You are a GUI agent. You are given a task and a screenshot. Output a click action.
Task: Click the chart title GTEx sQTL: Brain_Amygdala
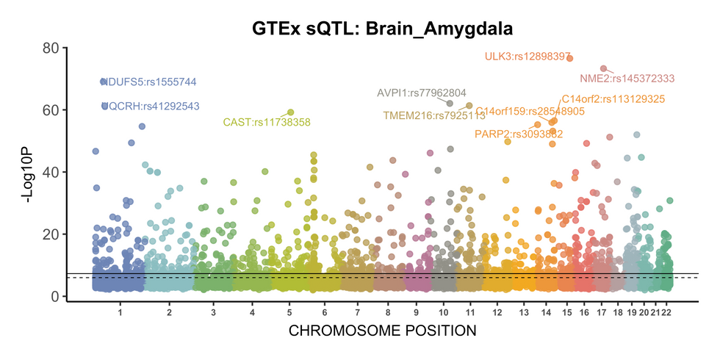pos(382,29)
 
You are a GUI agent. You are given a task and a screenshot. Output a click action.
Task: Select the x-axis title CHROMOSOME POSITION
pos(382,331)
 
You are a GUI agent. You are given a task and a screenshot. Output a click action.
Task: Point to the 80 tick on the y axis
pos(51,48)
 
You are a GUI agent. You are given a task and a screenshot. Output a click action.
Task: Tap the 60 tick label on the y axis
pos(51,110)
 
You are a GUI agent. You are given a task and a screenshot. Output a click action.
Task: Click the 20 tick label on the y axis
pos(51,234)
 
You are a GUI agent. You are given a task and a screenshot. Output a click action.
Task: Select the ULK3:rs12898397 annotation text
pos(528,57)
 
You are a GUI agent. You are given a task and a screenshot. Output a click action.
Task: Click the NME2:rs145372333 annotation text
pos(627,79)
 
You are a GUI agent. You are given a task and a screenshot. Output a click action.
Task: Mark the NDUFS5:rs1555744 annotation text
pos(150,82)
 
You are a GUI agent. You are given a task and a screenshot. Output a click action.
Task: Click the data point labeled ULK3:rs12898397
pos(570,58)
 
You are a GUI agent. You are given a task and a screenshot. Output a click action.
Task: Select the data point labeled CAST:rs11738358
pos(290,112)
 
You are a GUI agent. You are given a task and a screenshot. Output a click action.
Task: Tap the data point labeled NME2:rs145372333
pos(603,69)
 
